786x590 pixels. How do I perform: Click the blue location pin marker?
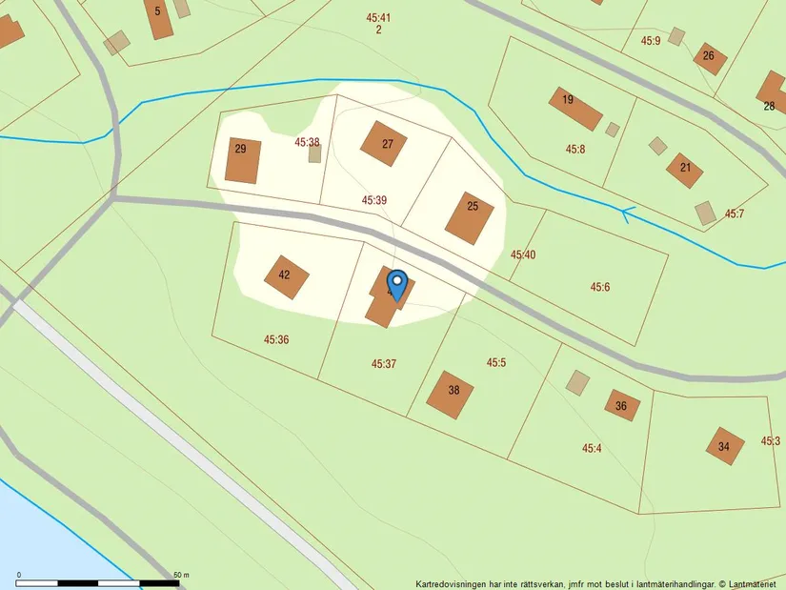[x=397, y=283]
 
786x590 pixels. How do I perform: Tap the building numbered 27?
[x=384, y=144]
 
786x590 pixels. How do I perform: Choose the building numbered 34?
[x=725, y=446]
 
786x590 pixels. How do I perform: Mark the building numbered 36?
[x=622, y=404]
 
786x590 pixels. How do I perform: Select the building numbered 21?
[x=685, y=170]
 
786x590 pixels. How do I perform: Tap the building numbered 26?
[x=710, y=58]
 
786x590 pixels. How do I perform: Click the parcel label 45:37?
[x=384, y=363]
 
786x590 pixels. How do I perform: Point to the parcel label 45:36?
[x=276, y=339]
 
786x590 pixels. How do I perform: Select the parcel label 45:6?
[x=599, y=287]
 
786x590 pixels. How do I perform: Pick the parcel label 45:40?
[x=523, y=254]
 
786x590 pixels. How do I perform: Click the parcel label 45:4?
[x=592, y=448]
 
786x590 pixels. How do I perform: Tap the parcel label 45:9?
[x=651, y=41]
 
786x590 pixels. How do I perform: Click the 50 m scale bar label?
[x=181, y=575]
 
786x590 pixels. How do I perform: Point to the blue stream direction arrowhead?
[x=627, y=214]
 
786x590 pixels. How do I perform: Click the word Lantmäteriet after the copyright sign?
[x=753, y=583]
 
